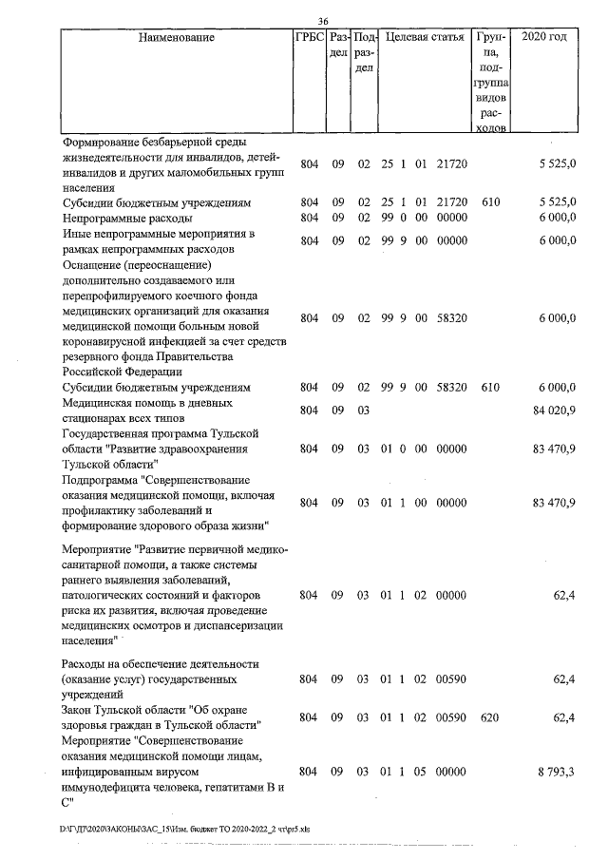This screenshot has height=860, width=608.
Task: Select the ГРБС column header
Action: click(309, 38)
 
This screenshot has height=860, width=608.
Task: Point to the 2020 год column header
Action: click(552, 38)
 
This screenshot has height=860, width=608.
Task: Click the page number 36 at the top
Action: click(322, 22)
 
